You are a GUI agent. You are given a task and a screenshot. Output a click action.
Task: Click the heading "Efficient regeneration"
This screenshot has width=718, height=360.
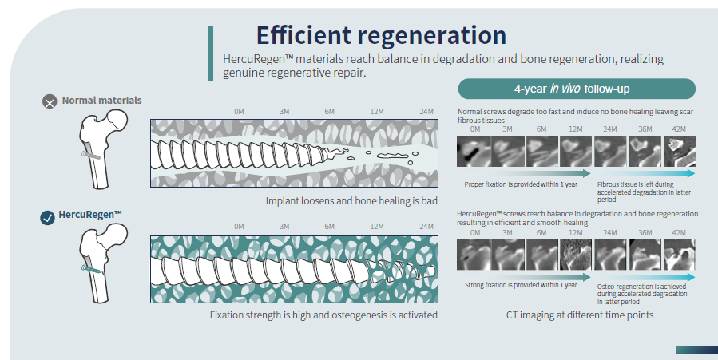coord(381,36)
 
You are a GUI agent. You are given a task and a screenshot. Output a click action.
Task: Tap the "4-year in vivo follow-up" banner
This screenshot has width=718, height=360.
coord(576,89)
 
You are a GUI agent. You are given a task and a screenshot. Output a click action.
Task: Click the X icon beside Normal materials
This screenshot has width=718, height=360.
coord(50,101)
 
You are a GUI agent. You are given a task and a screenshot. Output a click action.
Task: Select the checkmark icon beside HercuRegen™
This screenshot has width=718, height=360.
coord(48,216)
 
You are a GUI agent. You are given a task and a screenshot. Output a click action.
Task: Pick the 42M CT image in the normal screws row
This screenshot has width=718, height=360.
coord(680,150)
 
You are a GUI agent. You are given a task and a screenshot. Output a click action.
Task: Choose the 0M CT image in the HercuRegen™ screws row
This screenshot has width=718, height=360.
coord(474,255)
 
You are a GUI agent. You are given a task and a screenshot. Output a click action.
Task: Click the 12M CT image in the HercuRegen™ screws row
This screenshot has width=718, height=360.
coord(576,255)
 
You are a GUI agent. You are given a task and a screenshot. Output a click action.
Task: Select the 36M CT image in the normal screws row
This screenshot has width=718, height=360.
coord(645,150)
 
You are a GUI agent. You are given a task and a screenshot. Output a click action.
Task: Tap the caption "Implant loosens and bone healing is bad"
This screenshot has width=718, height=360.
coord(351,200)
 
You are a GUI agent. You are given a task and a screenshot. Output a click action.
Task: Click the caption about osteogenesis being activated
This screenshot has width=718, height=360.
coord(323,315)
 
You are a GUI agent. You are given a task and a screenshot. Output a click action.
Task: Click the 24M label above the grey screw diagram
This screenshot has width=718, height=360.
coord(426,112)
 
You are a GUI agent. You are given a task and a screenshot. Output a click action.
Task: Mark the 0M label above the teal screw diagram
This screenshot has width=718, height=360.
coord(239,227)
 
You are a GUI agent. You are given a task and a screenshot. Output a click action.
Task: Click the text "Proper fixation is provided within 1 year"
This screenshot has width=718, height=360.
coord(520,184)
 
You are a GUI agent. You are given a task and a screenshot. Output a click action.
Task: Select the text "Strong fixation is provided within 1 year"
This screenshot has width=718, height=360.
coord(520,285)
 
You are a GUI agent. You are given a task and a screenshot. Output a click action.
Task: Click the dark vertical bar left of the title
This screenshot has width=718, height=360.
coord(210,52)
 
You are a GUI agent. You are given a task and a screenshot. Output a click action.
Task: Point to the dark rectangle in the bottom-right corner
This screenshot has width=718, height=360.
coord(696,350)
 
